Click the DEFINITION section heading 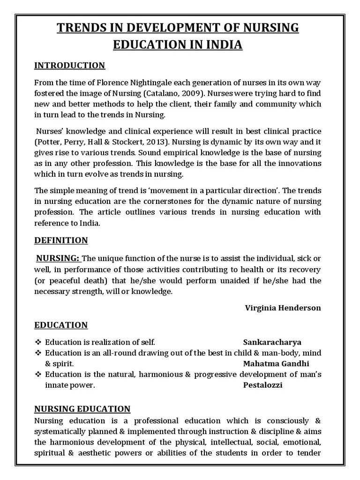coord(61,240)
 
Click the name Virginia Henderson coord(283,308)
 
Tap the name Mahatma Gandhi coord(276,363)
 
